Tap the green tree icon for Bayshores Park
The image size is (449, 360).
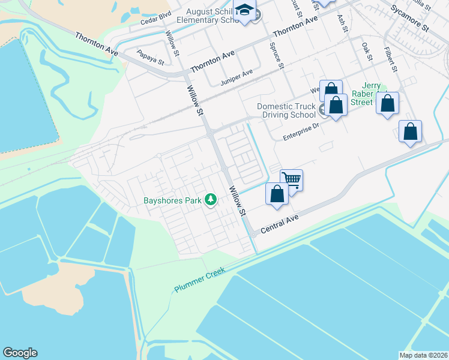pyautogui.click(x=210, y=199)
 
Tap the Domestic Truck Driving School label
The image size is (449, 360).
pyautogui.click(x=286, y=110)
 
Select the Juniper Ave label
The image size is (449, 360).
pyautogui.click(x=237, y=77)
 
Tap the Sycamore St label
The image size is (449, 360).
pyautogui.click(x=410, y=19)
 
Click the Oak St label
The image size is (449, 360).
pyautogui.click(x=366, y=50)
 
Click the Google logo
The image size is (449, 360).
pyautogui.click(x=20, y=353)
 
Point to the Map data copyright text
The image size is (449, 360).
pyautogui.click(x=423, y=355)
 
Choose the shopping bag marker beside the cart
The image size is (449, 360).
pyautogui.click(x=277, y=194)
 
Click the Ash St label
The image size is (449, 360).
pyautogui.click(x=343, y=26)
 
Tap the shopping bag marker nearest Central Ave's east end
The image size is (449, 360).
pyautogui.click(x=410, y=132)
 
